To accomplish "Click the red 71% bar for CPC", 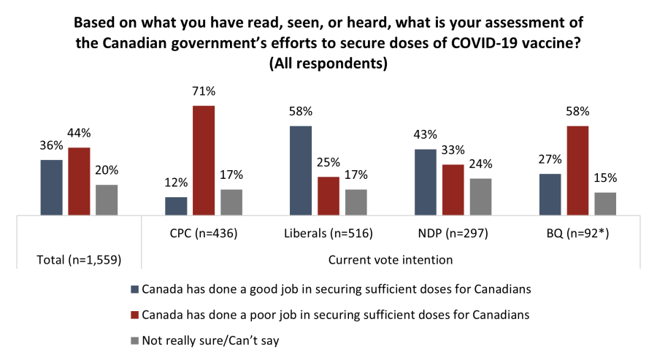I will [x=204, y=161].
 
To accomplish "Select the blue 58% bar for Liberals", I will [x=301, y=171].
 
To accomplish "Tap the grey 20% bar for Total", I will [x=107, y=200].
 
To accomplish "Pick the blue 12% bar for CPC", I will [x=176, y=206].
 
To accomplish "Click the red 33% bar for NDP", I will [x=453, y=190].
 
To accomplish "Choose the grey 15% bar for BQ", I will [x=605, y=204].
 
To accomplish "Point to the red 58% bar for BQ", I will [x=577, y=171].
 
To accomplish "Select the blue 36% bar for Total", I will [x=51, y=188].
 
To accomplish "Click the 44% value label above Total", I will [x=79, y=134].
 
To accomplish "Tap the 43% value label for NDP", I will [x=425, y=135].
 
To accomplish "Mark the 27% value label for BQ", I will [x=549, y=160].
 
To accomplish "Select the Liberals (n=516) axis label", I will [x=328, y=234].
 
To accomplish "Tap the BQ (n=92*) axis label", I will [x=577, y=234].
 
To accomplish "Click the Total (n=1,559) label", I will [x=79, y=258].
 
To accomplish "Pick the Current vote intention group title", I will [x=391, y=258].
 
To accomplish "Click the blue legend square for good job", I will [x=133, y=288].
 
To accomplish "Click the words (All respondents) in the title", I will [x=328, y=64].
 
